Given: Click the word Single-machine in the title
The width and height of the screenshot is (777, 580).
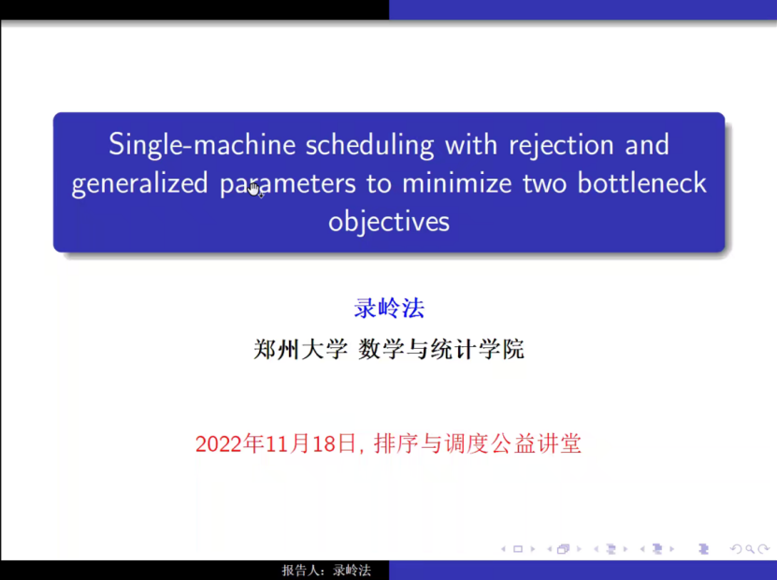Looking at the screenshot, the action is pyautogui.click(x=202, y=145).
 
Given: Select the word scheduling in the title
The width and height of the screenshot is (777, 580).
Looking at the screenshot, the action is pyautogui.click(x=369, y=145).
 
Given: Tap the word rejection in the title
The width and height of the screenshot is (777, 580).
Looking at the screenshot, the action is pyautogui.click(x=562, y=145).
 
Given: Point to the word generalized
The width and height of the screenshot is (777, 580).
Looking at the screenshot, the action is pyautogui.click(x=139, y=183).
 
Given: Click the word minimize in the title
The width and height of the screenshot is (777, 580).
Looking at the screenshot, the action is pyautogui.click(x=457, y=183).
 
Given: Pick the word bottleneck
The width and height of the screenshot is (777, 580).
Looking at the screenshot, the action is pyautogui.click(x=641, y=182).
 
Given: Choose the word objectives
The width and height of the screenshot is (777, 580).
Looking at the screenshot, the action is pyautogui.click(x=389, y=222).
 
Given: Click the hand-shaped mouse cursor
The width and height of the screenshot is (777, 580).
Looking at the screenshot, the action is pyautogui.click(x=255, y=190).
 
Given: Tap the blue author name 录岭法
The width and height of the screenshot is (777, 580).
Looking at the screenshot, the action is pyautogui.click(x=389, y=308).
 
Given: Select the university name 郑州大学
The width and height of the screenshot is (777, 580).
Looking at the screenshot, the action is pyautogui.click(x=301, y=350).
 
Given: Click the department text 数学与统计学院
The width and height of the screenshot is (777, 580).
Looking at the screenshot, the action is pyautogui.click(x=441, y=350).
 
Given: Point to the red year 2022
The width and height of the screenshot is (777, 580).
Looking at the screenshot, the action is pyautogui.click(x=220, y=443).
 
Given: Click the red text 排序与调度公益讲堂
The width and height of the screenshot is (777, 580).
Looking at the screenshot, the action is pyautogui.click(x=477, y=443).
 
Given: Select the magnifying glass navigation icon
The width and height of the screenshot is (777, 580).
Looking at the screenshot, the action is pyautogui.click(x=750, y=549).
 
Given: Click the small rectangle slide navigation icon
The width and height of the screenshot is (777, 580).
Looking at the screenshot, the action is pyautogui.click(x=518, y=549).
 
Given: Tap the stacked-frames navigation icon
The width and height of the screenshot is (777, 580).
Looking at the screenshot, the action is pyautogui.click(x=563, y=549).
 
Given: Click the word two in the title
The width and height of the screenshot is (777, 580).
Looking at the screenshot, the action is pyautogui.click(x=544, y=183).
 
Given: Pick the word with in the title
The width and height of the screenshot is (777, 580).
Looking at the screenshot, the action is pyautogui.click(x=470, y=145).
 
